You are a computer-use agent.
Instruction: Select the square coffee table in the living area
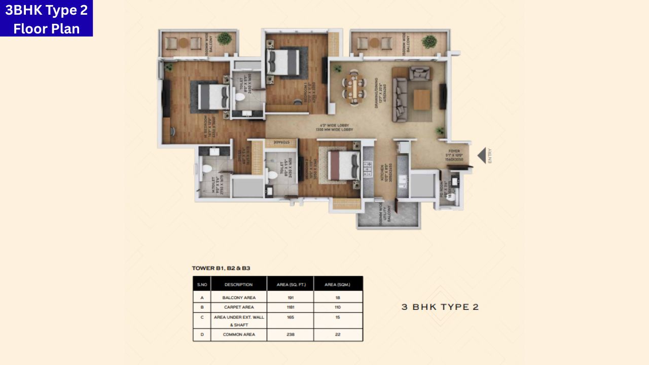coord(421,99)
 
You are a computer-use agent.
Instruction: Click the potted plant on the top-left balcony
coord(224,39)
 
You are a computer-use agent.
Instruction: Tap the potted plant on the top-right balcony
coord(429,41)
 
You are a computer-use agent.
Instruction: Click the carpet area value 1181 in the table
coord(290,307)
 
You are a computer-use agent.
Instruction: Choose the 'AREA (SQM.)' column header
coord(338,284)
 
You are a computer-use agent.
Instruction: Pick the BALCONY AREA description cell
coord(239,298)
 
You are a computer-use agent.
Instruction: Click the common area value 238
coord(290,335)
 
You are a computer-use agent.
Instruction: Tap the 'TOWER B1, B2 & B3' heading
coord(221,268)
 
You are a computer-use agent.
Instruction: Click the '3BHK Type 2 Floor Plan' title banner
coord(46,19)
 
